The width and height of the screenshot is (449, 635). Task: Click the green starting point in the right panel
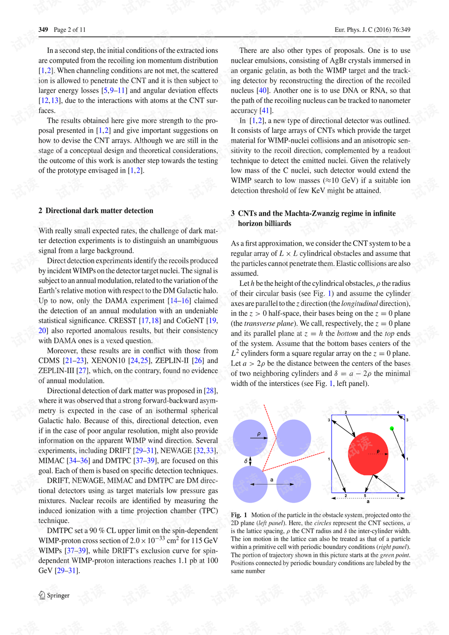pos(392,428)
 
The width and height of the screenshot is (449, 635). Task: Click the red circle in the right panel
pos(369,453)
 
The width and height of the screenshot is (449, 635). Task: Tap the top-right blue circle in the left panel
pos(294,438)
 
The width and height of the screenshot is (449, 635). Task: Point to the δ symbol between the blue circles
pos(246,461)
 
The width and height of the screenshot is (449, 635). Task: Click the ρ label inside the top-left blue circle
pos(259,434)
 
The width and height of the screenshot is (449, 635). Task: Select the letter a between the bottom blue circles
pos(272,480)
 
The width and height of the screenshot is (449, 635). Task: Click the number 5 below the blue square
pos(365,496)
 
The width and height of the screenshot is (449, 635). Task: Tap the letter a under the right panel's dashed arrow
pos(368,502)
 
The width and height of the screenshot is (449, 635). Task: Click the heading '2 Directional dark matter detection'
pos(96,211)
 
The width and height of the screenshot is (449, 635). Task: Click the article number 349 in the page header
pos(43,29)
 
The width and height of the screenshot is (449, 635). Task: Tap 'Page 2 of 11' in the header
pos(70,29)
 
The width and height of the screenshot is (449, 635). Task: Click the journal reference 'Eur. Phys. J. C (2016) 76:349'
pos(372,29)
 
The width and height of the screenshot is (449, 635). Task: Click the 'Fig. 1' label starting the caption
pos(239,515)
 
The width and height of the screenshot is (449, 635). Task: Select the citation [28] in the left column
pos(210,391)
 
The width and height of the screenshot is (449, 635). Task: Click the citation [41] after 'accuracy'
pos(266,110)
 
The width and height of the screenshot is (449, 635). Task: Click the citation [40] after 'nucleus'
pos(263,90)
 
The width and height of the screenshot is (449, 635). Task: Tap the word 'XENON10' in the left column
pos(108,360)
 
